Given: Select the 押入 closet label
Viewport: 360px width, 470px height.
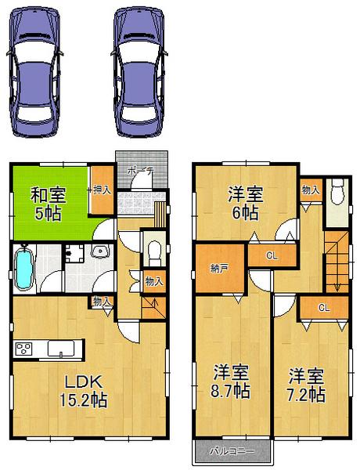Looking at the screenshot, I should pos(100,189).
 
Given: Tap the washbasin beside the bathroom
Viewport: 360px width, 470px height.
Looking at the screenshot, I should pos(101,251).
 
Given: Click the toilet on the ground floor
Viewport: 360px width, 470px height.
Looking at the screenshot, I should pos(155,251).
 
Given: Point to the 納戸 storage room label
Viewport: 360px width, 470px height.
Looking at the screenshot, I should pos(219,268).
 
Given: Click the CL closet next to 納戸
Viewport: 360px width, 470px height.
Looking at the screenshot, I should pos(271,255).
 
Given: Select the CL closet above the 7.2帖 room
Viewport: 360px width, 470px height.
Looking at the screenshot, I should pos(322,307).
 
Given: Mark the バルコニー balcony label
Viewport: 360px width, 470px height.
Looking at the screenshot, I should pos(232,451).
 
